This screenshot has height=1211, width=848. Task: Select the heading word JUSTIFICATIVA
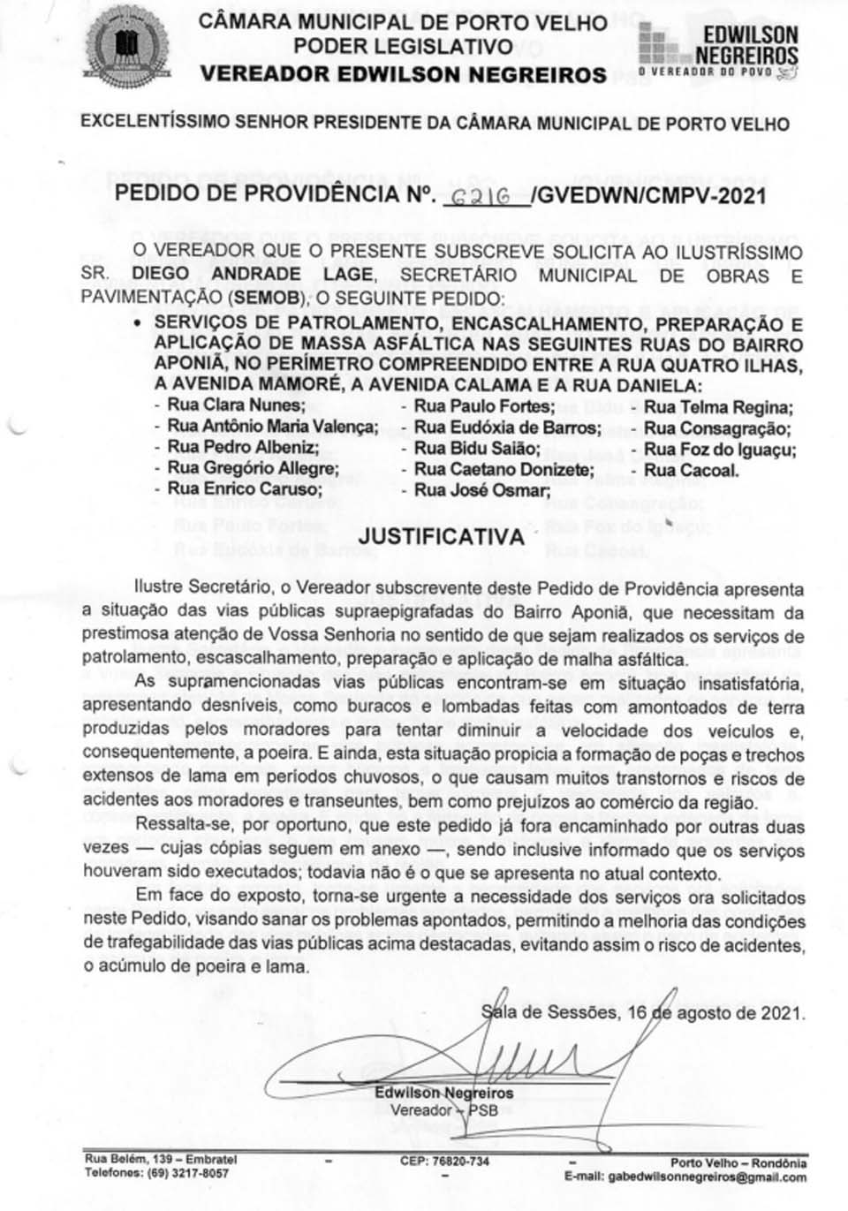point(441,536)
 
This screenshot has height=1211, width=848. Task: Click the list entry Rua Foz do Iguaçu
point(719,450)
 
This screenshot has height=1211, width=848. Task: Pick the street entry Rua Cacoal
point(691,470)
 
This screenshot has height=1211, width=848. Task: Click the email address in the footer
point(685,1177)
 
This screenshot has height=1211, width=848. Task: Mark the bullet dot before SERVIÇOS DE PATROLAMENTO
point(137,323)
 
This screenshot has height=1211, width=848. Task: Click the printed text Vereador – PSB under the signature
point(443,1110)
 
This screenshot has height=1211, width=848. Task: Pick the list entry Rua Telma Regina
point(717,407)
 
